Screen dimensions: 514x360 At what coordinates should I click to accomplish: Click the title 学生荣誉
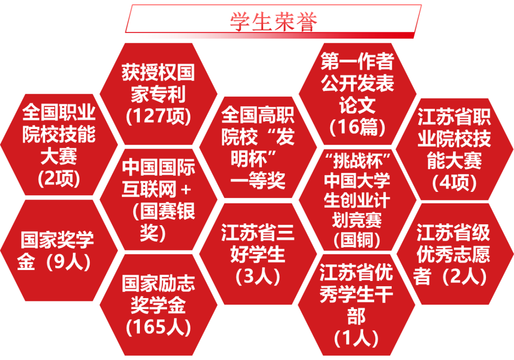[x=273, y=21]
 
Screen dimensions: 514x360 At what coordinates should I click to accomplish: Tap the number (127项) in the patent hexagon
[x=158, y=116]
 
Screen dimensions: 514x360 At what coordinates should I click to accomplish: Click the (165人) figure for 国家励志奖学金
[x=158, y=327]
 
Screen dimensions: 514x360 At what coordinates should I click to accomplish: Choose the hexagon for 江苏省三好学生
[x=257, y=254]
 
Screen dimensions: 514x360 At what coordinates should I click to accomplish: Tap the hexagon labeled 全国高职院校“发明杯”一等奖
[x=257, y=148]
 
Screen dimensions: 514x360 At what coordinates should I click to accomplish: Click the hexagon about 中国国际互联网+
[x=158, y=200]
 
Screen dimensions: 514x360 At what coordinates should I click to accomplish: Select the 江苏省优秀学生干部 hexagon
[x=356, y=305]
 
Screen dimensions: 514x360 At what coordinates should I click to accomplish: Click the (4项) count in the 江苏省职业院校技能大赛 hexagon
[x=454, y=182]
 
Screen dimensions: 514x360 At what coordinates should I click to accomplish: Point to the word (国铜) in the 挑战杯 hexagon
[x=357, y=240]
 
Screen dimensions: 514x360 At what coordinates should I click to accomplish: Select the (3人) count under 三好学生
[x=257, y=276]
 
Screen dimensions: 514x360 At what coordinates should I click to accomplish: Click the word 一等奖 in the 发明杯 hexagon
[x=257, y=181]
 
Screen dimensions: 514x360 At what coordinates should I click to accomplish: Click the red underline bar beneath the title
[x=273, y=36]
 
